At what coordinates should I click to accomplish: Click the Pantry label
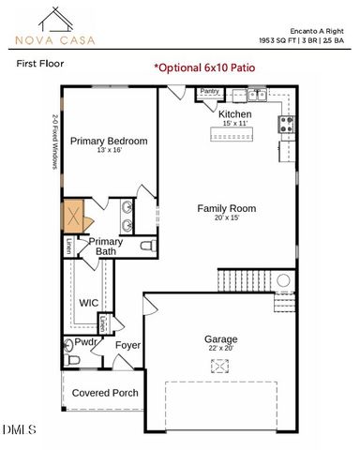point(210,92)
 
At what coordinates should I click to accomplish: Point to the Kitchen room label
point(234,113)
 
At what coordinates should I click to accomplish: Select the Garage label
point(221,338)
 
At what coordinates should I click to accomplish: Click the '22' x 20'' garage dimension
point(221,349)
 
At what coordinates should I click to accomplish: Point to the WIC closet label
point(89,303)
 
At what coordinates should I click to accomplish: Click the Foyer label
point(127,345)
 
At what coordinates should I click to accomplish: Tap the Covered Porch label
point(105,393)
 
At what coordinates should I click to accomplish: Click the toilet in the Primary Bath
point(147,247)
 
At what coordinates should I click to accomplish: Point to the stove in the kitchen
point(287,123)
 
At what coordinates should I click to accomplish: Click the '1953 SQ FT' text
point(280,41)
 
